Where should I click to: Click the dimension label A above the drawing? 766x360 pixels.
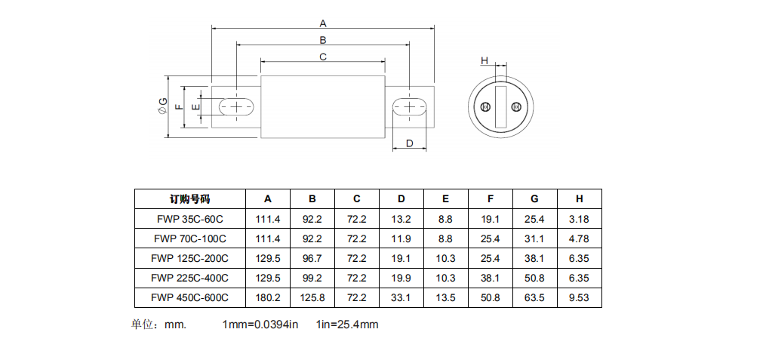(x=323, y=23)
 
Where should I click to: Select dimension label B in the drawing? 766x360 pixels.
(x=322, y=39)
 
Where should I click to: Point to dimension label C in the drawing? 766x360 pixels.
(x=322, y=57)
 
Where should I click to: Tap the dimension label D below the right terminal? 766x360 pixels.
(x=409, y=143)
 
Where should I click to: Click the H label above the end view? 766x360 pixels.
(x=485, y=60)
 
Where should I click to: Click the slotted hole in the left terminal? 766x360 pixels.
(x=237, y=107)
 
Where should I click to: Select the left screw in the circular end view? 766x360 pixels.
(x=486, y=107)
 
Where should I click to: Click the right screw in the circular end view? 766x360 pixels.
(x=516, y=107)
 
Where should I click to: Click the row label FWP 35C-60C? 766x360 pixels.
(x=189, y=219)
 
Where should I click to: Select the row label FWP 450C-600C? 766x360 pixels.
(x=189, y=297)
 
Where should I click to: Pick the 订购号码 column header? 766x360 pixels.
(x=189, y=199)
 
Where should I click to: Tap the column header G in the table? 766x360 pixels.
(x=534, y=199)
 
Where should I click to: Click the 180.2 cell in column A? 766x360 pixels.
(x=268, y=297)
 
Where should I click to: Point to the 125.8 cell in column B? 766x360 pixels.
(x=312, y=297)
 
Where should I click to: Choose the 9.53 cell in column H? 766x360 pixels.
(x=579, y=297)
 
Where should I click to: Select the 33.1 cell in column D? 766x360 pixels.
(x=401, y=297)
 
